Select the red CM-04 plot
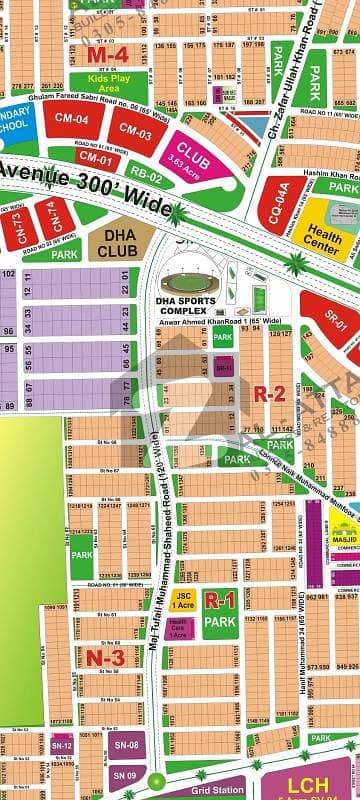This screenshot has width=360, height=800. (x=80, y=121)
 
